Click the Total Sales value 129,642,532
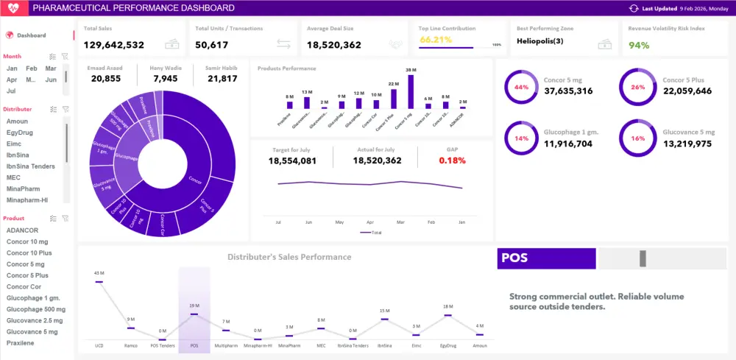coord(113,45)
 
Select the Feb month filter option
coord(31,68)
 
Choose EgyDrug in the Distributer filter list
coord(18,133)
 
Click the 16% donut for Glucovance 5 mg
coord(637,138)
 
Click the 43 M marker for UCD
coord(99,281)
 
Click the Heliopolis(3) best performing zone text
coord(540,41)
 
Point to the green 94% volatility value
coord(639,46)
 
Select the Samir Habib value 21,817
coord(222,79)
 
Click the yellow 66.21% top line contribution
coord(436,40)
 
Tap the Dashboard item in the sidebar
coord(32,35)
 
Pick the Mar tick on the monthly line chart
coord(400,222)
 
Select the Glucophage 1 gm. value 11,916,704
coord(568,144)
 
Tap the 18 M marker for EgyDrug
coord(447,315)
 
